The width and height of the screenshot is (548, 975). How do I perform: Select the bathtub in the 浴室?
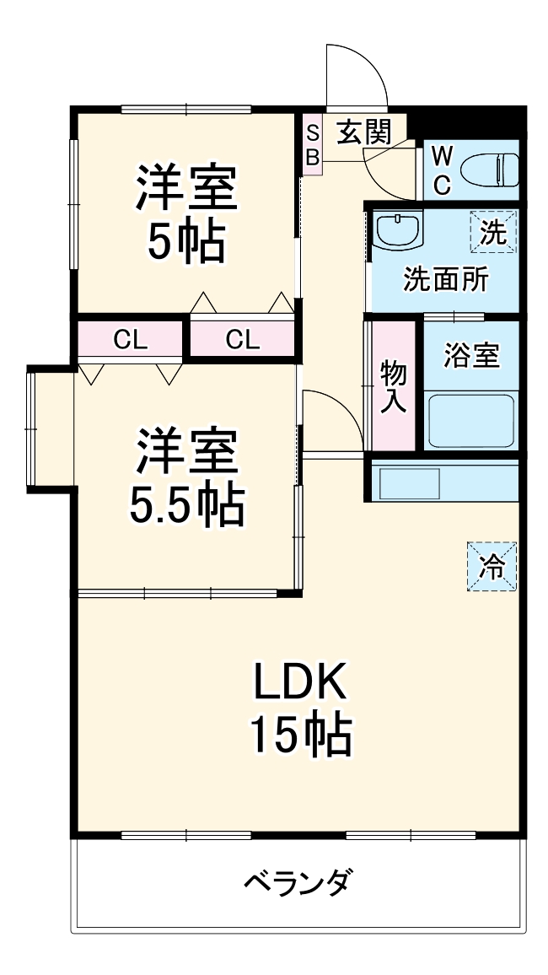(x=470, y=419)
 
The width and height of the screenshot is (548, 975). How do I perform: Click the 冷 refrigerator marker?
(x=492, y=567)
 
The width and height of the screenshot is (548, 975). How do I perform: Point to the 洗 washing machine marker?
(x=493, y=232)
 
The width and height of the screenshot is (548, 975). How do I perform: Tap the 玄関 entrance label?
(x=364, y=132)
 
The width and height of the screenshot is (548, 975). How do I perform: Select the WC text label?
(x=443, y=170)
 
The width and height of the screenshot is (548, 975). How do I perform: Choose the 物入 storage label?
(x=393, y=386)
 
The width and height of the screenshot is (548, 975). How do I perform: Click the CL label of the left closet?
(x=131, y=340)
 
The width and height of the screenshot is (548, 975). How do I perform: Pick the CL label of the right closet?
(x=242, y=340)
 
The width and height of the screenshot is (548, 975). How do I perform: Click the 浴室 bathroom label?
(x=471, y=355)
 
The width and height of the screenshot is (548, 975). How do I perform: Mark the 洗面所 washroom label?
(x=445, y=279)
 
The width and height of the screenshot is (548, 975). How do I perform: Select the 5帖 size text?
(x=186, y=242)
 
